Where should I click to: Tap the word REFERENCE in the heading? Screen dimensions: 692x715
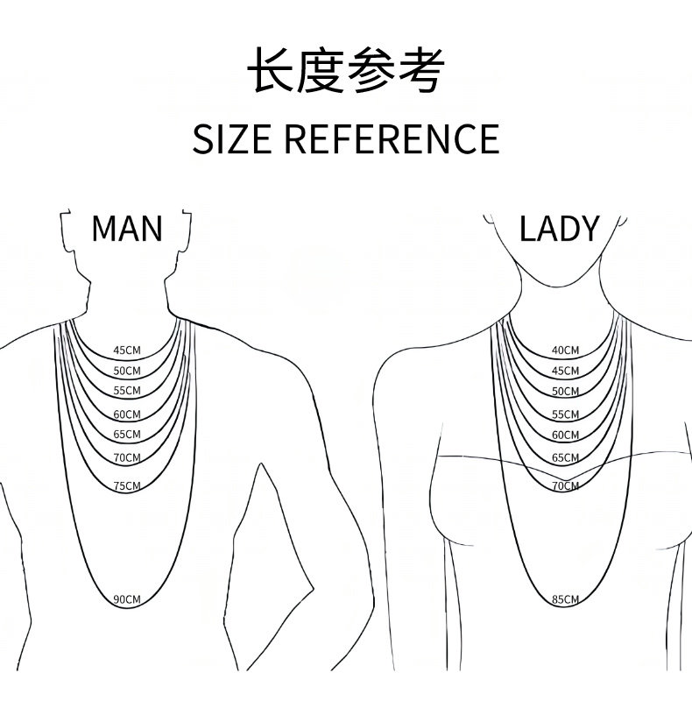click(x=392, y=139)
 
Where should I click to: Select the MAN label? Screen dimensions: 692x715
click(x=127, y=229)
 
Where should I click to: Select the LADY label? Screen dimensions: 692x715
click(x=559, y=229)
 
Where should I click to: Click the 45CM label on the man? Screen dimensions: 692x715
click(x=127, y=351)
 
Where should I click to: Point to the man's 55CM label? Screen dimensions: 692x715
click(x=127, y=390)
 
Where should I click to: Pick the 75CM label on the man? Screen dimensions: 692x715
click(x=127, y=486)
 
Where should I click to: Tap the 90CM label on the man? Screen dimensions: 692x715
click(x=127, y=599)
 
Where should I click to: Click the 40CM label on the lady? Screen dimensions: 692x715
click(x=565, y=351)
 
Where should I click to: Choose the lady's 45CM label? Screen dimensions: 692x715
click(x=565, y=372)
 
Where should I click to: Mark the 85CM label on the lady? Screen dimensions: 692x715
click(x=565, y=599)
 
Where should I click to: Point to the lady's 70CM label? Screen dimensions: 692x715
click(x=565, y=486)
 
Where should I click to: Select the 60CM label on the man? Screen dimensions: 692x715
click(x=127, y=414)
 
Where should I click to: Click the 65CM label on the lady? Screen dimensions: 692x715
click(x=565, y=457)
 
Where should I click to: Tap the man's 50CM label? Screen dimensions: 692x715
click(x=127, y=372)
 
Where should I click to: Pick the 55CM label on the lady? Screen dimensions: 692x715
click(x=565, y=414)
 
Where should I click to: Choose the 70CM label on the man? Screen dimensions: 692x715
click(x=127, y=457)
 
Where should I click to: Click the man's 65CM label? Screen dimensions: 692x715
click(x=127, y=435)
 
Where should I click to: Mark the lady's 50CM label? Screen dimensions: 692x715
click(x=565, y=392)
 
